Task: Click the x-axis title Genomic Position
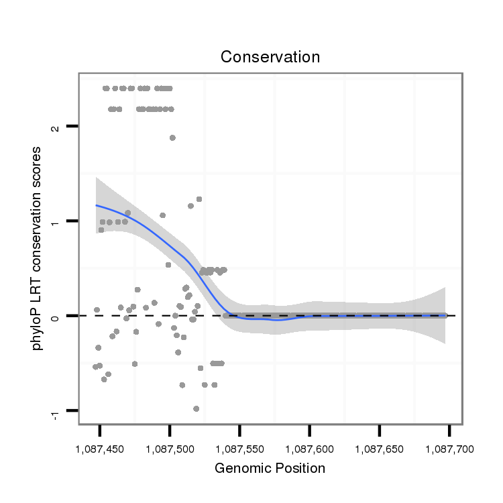click(270, 468)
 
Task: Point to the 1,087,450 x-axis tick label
click(100, 447)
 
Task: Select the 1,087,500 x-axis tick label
click(170, 447)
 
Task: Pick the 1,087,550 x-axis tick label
click(239, 447)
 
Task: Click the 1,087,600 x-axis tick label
click(309, 447)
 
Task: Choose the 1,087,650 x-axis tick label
click(379, 447)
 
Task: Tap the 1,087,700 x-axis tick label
click(449, 447)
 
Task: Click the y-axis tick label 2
click(55, 126)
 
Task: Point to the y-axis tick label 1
click(55, 221)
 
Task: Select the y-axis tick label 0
click(55, 316)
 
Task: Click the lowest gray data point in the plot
click(196, 408)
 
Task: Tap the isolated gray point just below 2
click(172, 137)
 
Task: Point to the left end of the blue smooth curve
click(97, 205)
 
